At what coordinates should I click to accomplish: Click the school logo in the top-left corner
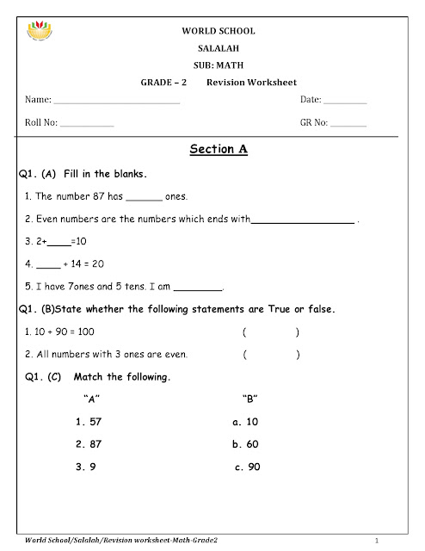point(42,36)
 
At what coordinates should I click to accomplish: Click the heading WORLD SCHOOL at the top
point(218,31)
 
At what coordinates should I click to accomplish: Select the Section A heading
point(218,149)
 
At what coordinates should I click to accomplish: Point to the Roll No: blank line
point(87,125)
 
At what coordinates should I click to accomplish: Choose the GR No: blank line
point(348,125)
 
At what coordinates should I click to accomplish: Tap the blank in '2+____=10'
point(59,242)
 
